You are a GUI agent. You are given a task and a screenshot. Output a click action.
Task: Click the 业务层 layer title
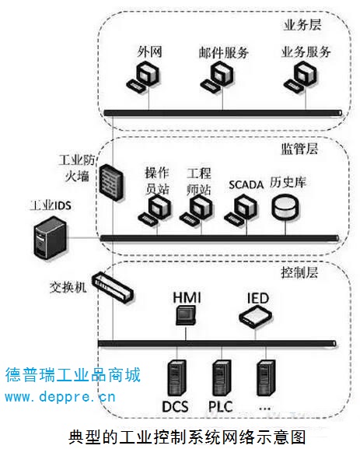pyautogui.click(x=302, y=25)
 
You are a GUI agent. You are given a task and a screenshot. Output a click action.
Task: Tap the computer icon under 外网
pyautogui.click(x=144, y=78)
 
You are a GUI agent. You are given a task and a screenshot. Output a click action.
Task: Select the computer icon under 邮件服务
pyautogui.click(x=218, y=78)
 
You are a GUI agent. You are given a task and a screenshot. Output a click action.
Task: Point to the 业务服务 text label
pyautogui.click(x=306, y=52)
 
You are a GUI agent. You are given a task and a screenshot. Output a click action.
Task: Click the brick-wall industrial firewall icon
pyautogui.click(x=111, y=182)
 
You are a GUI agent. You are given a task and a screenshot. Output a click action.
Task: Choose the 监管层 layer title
pyautogui.click(x=299, y=149)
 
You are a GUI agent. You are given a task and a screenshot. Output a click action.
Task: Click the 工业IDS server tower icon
pyautogui.click(x=50, y=237)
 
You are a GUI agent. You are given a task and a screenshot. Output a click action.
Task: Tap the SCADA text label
pyautogui.click(x=246, y=184)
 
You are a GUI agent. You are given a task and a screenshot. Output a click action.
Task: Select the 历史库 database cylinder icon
pyautogui.click(x=285, y=207)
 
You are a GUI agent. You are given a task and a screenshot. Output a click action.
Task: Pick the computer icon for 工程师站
pyautogui.click(x=197, y=210)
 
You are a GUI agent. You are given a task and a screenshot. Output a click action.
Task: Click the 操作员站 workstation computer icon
pyautogui.click(x=154, y=210)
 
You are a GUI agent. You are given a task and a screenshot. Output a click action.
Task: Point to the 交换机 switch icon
pyautogui.click(x=113, y=288)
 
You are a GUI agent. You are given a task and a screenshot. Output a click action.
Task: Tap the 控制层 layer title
pyautogui.click(x=299, y=272)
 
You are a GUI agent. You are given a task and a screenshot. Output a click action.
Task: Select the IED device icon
pyautogui.click(x=255, y=317)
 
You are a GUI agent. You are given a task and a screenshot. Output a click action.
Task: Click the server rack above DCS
pyautogui.click(x=177, y=378)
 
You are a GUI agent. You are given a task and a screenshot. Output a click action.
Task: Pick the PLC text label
pyautogui.click(x=221, y=406)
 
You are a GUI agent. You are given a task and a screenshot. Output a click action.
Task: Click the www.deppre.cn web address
pyautogui.click(x=60, y=397)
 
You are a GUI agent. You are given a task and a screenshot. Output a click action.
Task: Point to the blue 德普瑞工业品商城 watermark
pyautogui.click(x=73, y=374)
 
